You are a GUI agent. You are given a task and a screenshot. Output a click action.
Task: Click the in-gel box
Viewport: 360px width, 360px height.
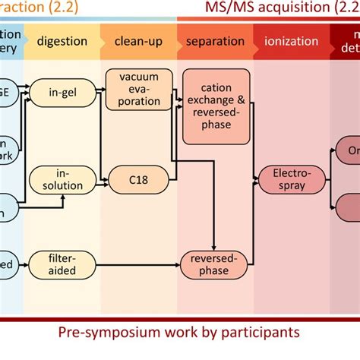click(x=64, y=92)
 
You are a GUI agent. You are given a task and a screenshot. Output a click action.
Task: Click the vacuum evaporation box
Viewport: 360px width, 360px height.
click(x=134, y=90)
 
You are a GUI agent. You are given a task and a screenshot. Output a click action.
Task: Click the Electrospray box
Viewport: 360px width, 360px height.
click(x=285, y=179)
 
